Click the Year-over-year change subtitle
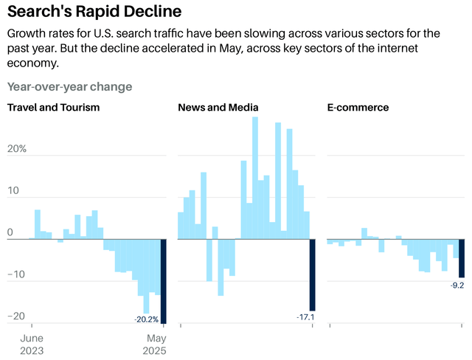click(69, 86)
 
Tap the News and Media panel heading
click(218, 108)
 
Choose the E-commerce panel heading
click(358, 108)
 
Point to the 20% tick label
click(17, 149)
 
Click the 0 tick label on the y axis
click(10, 233)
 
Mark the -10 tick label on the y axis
click(16, 274)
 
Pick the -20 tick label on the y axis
click(16, 316)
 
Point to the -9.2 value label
click(457, 285)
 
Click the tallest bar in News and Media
click(255, 178)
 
